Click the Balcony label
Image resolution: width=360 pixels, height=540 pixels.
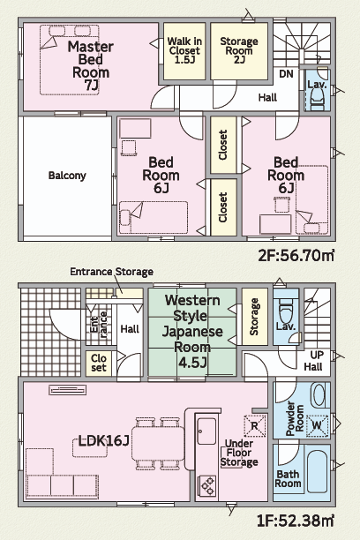tap(67, 176)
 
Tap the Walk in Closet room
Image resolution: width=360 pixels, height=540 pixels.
tap(184, 51)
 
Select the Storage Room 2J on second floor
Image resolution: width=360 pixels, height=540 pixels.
tap(239, 51)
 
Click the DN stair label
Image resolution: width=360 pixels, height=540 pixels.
tap(286, 74)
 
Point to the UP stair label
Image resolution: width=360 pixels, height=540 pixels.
tap(317, 355)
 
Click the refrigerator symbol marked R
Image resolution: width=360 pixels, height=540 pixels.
tap(255, 425)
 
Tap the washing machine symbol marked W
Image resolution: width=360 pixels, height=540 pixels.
tap(317, 425)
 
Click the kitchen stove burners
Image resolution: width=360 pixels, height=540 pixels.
tap(207, 485)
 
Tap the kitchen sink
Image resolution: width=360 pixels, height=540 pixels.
tap(206, 431)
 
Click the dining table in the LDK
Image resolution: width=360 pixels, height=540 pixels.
tap(158, 443)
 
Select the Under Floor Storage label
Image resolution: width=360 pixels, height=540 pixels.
tap(239, 453)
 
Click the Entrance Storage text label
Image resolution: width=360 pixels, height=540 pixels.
tap(111, 272)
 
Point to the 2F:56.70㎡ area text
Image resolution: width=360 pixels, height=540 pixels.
tap(296, 256)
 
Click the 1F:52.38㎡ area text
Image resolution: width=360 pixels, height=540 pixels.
tap(296, 521)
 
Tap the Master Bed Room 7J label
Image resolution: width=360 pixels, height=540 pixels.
tap(91, 66)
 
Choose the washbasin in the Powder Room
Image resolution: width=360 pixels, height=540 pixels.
tap(318, 395)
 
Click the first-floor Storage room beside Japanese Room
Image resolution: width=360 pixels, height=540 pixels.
tap(255, 317)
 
